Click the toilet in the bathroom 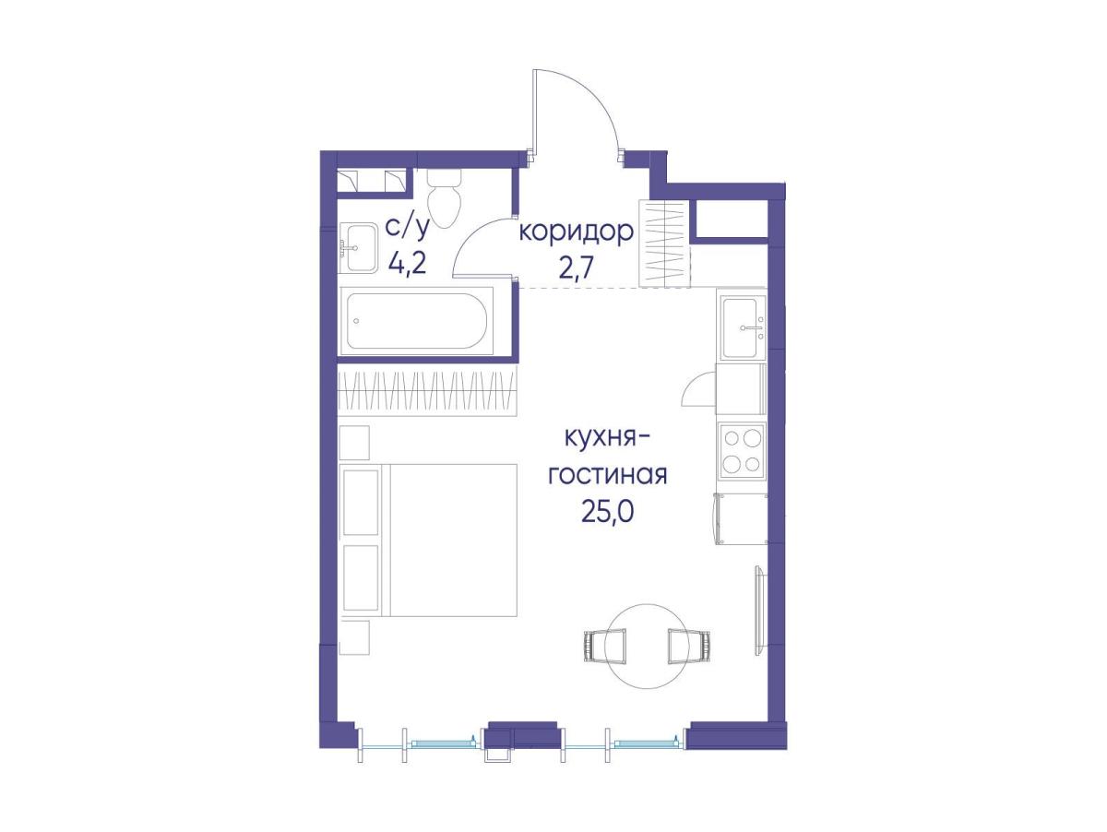[444, 197]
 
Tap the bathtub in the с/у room [416, 321]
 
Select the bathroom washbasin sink [358, 248]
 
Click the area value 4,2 [408, 263]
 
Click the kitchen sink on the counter [742, 327]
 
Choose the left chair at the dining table [605, 646]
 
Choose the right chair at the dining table [690, 646]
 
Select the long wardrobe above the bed [428, 390]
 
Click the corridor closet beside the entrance [664, 244]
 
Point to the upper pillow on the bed [361, 502]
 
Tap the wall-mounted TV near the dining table [760, 611]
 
